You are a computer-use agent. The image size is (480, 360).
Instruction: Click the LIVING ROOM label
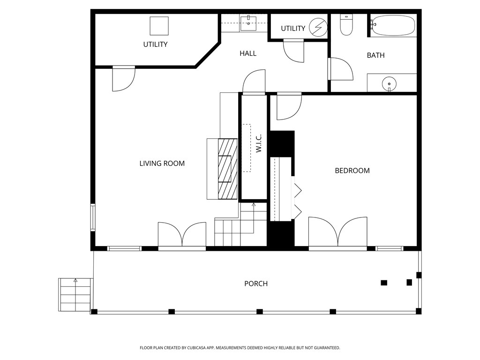point(162,164)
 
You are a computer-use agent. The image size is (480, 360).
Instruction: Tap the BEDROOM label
point(352,171)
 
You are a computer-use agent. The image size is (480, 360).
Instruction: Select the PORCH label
point(256,284)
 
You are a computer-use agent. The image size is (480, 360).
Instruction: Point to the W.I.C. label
point(259,143)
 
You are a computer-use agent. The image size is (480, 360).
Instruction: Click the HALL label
point(248,53)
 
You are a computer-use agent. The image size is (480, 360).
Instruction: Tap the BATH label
point(375,55)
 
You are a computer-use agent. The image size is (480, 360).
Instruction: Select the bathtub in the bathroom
point(393,26)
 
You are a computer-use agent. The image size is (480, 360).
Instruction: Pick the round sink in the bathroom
point(390,83)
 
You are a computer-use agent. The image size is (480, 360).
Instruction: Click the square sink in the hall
point(248,23)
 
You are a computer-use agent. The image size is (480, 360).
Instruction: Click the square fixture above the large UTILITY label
point(159,26)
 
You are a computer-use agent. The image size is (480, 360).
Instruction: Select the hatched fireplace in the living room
point(228,169)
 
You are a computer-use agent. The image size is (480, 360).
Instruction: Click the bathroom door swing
point(341,69)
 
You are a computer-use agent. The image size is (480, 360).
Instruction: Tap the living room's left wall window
point(93,217)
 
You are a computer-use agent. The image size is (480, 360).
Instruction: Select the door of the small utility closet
point(294,51)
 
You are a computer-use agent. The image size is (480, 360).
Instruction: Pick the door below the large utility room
point(124,79)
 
